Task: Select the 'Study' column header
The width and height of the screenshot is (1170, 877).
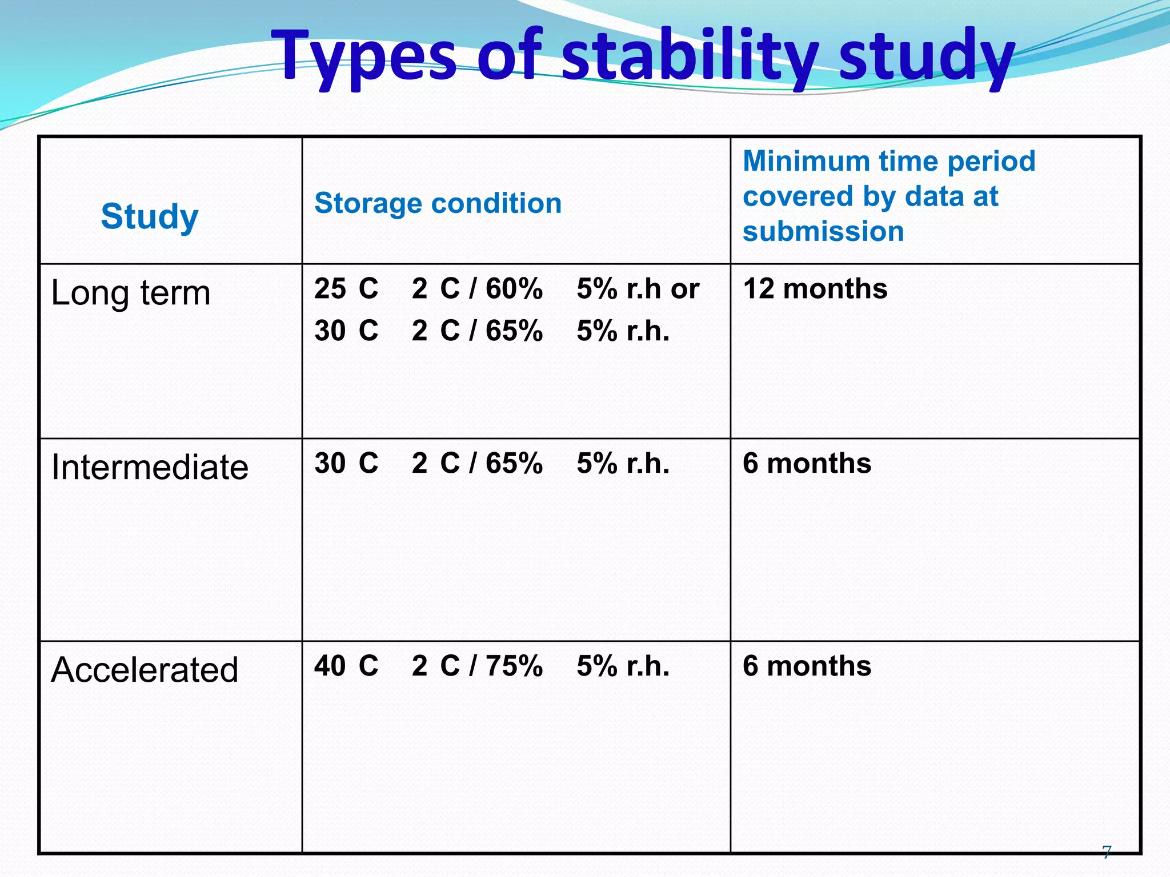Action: [x=150, y=216]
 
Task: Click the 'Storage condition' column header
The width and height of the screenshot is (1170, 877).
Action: [x=438, y=203]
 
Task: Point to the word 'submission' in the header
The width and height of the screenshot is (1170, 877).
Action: [x=823, y=232]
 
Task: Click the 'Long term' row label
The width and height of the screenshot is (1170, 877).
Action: [x=131, y=293]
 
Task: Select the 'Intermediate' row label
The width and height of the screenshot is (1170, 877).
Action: [x=150, y=467]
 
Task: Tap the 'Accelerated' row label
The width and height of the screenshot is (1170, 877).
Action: [x=145, y=669]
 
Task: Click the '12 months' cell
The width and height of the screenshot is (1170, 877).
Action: [x=815, y=289]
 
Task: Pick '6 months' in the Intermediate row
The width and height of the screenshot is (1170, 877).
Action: [x=807, y=463]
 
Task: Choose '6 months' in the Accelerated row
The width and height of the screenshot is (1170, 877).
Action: [x=807, y=666]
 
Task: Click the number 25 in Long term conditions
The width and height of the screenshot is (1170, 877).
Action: [x=330, y=289]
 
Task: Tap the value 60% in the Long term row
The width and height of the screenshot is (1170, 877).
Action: [x=514, y=289]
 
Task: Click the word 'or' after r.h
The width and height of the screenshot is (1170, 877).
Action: [x=684, y=289]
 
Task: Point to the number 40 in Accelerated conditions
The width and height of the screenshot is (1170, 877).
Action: [x=330, y=666]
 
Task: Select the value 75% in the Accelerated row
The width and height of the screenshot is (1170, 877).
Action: [x=514, y=666]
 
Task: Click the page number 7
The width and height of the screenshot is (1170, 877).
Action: [x=1107, y=852]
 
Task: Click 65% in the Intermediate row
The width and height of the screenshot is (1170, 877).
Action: [x=514, y=463]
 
